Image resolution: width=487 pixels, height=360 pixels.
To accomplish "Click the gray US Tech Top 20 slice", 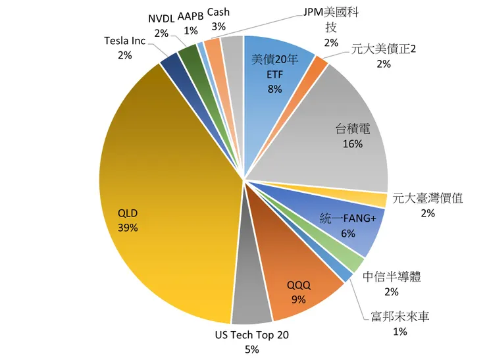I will [x=250, y=296].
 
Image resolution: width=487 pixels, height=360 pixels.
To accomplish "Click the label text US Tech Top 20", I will [x=251, y=335].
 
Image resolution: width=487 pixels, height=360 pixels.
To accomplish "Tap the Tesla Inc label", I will [x=124, y=41].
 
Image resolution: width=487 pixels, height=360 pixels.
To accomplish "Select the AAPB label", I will [x=191, y=15].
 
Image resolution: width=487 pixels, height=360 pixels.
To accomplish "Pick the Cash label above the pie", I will [x=218, y=12].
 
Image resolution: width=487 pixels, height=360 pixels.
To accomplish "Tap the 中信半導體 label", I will [x=392, y=276].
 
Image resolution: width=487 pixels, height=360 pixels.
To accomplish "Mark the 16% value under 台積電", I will [x=353, y=144].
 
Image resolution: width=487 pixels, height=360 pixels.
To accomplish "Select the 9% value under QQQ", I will [x=298, y=299].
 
